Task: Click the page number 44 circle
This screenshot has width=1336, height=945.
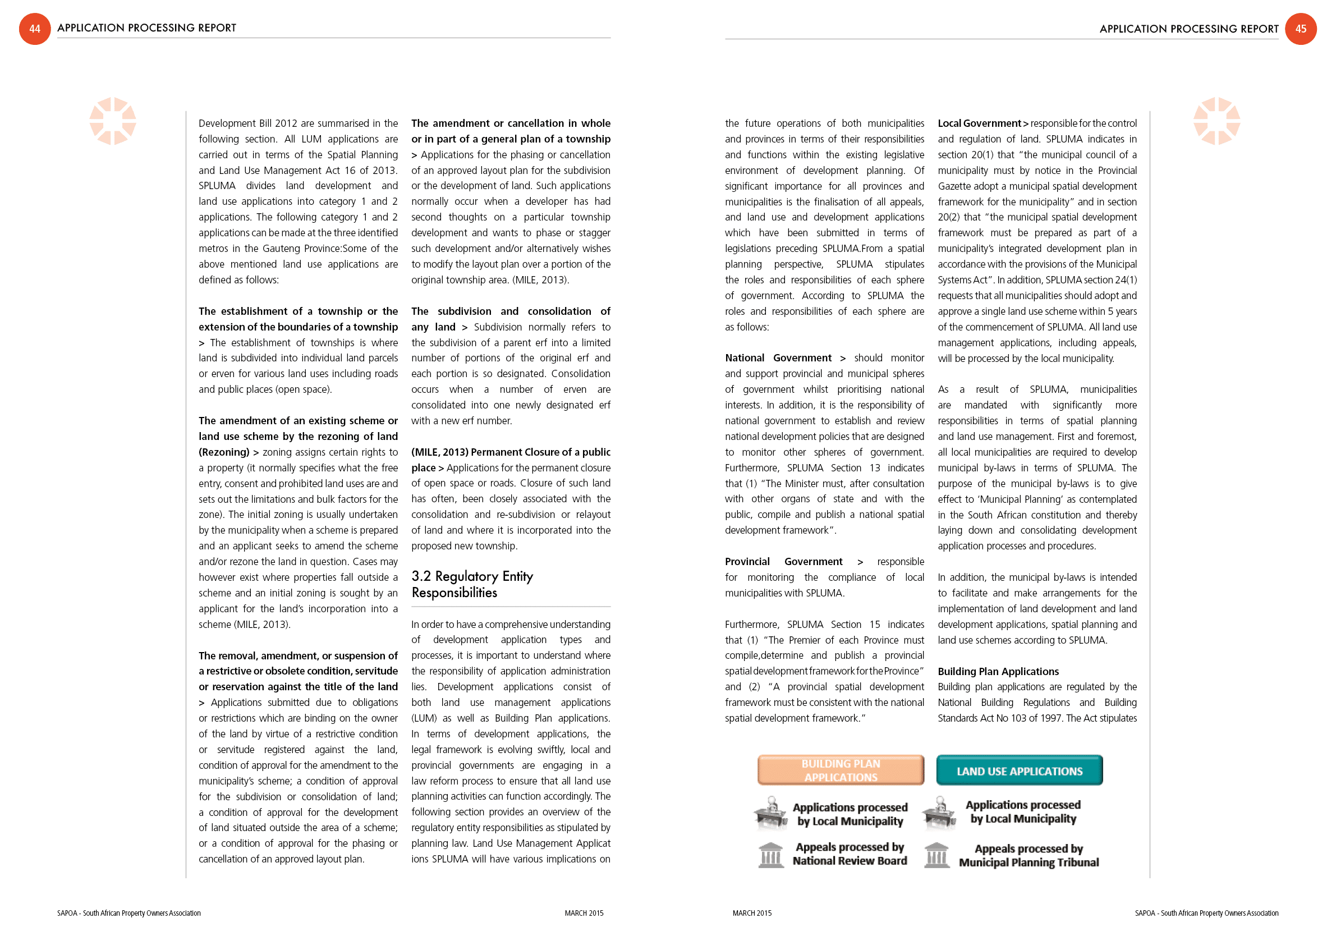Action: (x=35, y=29)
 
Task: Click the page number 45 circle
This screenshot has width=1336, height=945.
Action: (x=1301, y=29)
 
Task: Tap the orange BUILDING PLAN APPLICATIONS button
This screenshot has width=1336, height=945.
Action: (x=840, y=770)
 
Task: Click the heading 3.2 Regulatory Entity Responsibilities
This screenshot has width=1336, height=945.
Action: (x=472, y=584)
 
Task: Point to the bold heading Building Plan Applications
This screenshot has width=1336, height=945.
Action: (x=998, y=672)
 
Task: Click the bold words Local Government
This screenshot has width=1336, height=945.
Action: (x=979, y=123)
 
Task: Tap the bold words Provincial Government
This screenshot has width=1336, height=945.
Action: (x=783, y=562)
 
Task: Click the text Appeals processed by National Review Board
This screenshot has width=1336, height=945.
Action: (x=850, y=854)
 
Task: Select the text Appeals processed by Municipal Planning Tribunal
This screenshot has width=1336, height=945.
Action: (x=1028, y=855)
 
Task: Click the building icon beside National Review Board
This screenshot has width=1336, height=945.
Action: (x=771, y=855)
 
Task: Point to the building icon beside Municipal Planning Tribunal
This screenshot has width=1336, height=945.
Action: (x=937, y=855)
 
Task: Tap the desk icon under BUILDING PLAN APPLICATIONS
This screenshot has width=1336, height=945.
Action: (x=771, y=813)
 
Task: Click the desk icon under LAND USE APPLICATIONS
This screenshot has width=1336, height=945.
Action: (x=939, y=813)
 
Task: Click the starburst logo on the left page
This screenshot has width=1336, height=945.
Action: (x=112, y=121)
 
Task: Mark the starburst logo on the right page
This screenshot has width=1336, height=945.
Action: (x=1216, y=121)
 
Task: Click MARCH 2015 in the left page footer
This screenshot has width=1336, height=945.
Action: (x=584, y=913)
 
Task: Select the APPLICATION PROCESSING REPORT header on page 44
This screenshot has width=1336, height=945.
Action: (x=146, y=28)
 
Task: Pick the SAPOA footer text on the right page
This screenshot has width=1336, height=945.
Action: (x=1206, y=913)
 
